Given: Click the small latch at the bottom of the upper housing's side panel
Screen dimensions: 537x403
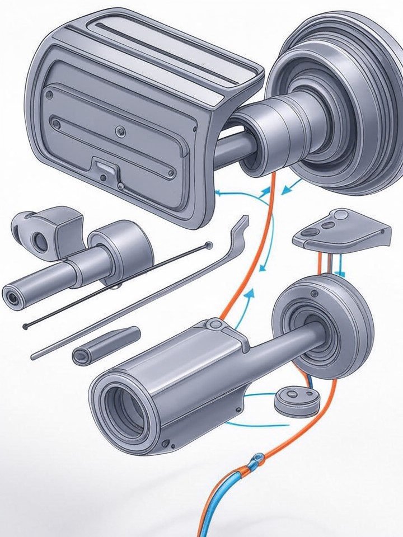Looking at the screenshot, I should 104,165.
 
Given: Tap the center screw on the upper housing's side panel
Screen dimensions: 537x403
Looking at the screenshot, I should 118,131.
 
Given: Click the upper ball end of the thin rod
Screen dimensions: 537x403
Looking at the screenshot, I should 209,244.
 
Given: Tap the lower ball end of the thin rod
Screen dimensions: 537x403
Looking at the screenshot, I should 25,326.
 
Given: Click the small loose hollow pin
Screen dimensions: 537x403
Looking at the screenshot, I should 105,346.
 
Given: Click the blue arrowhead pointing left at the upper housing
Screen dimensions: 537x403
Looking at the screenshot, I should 219,192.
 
